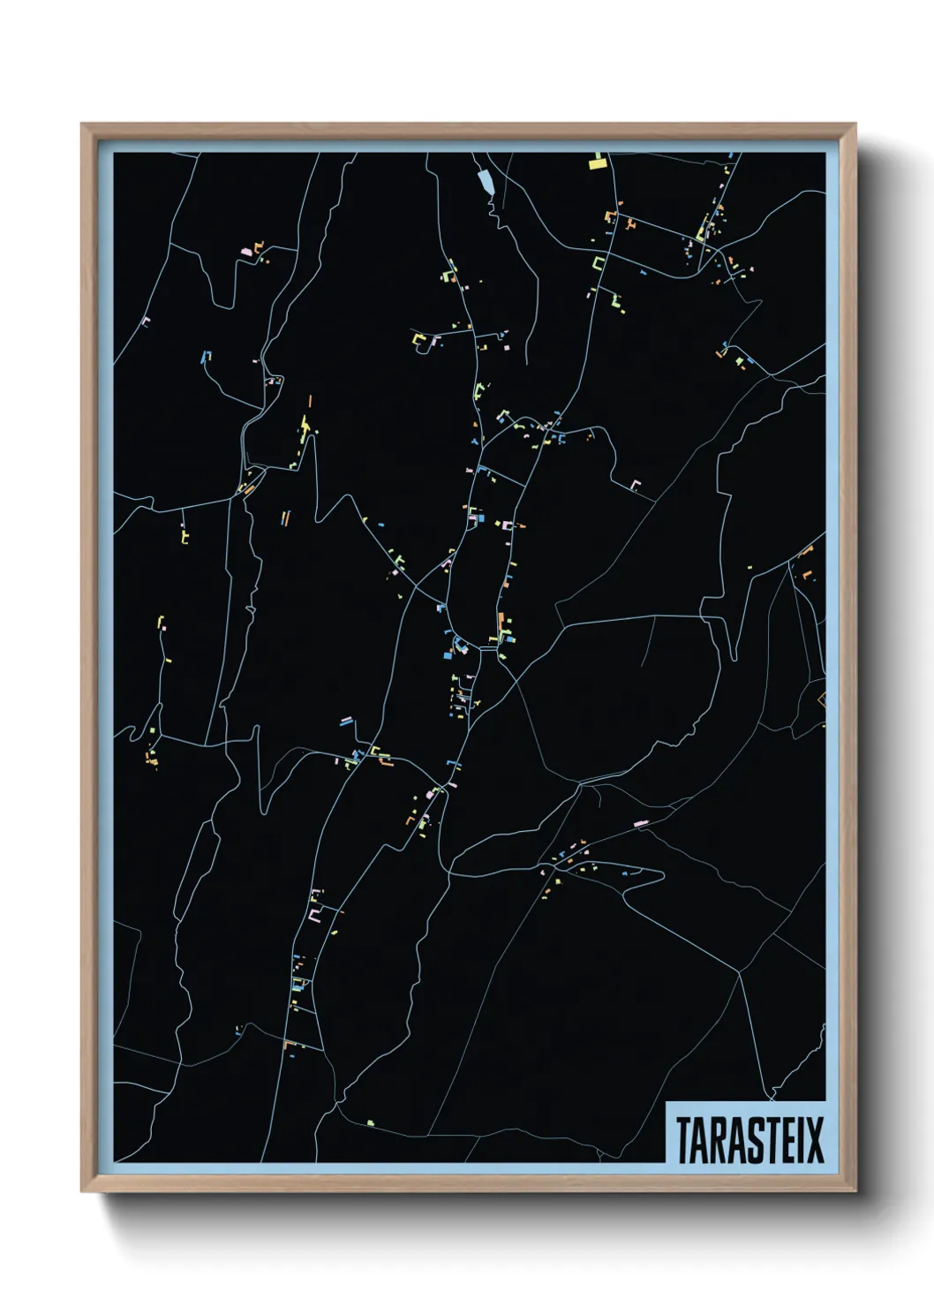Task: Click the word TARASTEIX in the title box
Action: click(749, 1139)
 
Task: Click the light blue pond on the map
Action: click(485, 182)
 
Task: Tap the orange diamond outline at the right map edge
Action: click(822, 699)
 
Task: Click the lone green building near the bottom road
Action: click(371, 1123)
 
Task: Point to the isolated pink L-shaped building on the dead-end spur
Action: click(635, 485)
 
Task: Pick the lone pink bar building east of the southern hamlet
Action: click(640, 824)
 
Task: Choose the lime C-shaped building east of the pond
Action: click(599, 263)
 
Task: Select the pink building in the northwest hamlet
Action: click(246, 252)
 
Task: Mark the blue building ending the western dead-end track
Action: click(205, 357)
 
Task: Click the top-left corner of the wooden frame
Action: click(82, 125)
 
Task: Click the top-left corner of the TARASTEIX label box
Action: click(666, 1102)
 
